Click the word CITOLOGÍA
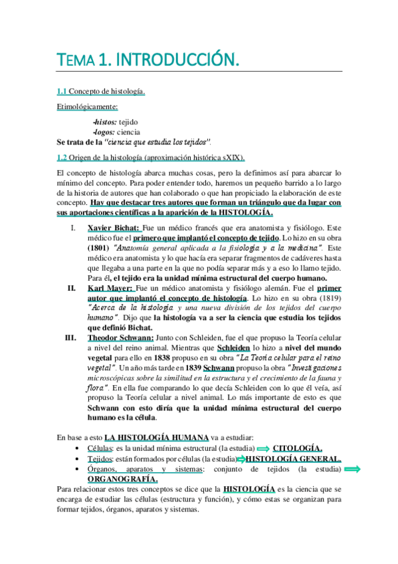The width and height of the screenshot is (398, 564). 298,448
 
